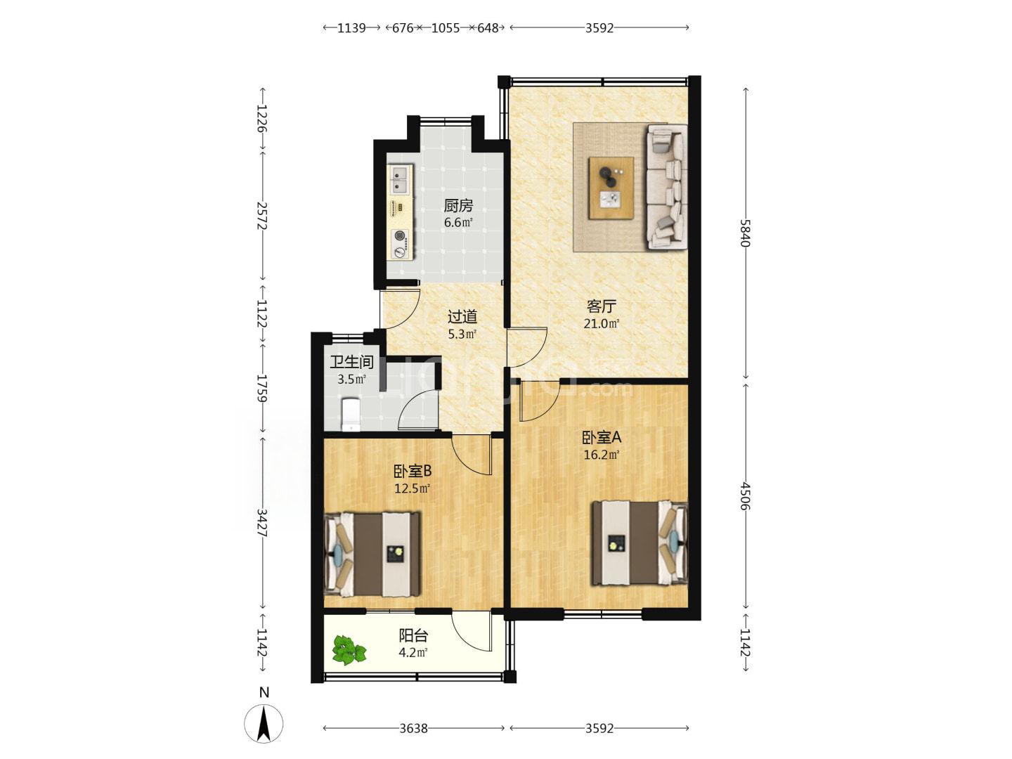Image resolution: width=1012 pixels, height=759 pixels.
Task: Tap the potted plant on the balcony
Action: click(349, 650)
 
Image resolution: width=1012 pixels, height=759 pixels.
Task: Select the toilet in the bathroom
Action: click(351, 415)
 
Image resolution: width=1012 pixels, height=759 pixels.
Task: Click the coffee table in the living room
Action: click(611, 188)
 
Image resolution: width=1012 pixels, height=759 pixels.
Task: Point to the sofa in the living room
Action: click(667, 187)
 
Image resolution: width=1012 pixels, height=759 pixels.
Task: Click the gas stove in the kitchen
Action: click(400, 244)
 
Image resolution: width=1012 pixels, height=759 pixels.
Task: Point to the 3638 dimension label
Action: click(413, 728)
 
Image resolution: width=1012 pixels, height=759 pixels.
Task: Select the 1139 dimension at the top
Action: click(351, 28)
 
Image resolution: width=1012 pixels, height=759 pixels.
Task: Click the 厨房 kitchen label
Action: click(458, 205)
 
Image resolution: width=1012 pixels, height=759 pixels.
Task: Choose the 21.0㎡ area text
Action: click(601, 323)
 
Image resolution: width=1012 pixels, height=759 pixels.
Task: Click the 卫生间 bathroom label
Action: click(351, 362)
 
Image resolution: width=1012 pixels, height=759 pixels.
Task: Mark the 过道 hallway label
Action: click(462, 317)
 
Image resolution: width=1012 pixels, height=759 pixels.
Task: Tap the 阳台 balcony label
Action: click(413, 636)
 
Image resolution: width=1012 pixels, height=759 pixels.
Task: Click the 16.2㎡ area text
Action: click(601, 455)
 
